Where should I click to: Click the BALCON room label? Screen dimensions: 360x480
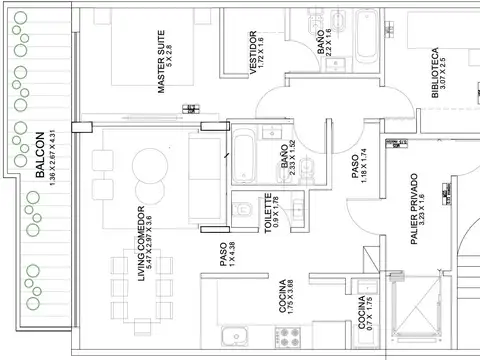40,155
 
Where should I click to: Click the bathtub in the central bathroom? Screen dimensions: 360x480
244,152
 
